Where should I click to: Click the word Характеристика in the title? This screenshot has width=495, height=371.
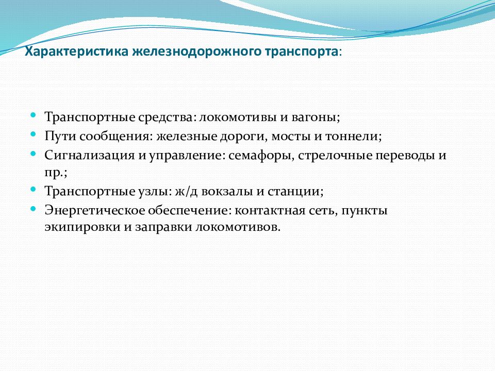click(76, 52)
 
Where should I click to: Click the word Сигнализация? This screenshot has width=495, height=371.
click(90, 156)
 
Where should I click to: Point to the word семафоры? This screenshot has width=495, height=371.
click(261, 156)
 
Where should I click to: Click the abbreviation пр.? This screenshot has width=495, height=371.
click(56, 173)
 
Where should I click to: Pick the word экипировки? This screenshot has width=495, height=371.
click(82, 227)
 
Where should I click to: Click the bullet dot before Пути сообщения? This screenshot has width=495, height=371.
click(33, 134)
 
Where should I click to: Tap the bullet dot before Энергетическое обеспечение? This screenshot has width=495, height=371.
click(33, 208)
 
